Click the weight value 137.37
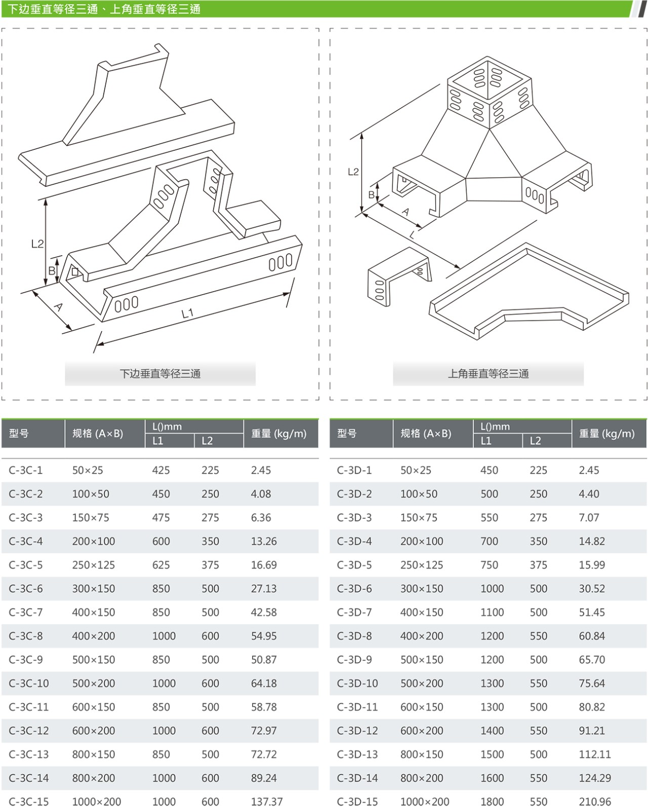click(x=267, y=801)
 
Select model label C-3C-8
click(x=26, y=636)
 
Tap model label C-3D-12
click(x=357, y=731)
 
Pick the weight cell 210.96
click(x=595, y=801)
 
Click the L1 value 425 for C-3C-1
click(x=161, y=470)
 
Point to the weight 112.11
click(x=595, y=754)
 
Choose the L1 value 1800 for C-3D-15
click(x=492, y=801)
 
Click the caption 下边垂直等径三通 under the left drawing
click(x=160, y=374)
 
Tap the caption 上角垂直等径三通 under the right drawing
click(x=489, y=374)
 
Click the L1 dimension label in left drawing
click(x=187, y=313)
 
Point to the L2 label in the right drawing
click(x=353, y=172)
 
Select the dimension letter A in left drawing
click(x=59, y=307)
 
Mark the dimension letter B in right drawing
click(x=372, y=195)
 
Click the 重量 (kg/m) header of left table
click(x=279, y=433)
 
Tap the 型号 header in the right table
click(x=347, y=433)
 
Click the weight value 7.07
click(x=589, y=517)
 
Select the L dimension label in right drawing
click(x=413, y=234)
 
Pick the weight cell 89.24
click(x=264, y=778)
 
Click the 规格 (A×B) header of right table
click(x=426, y=433)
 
